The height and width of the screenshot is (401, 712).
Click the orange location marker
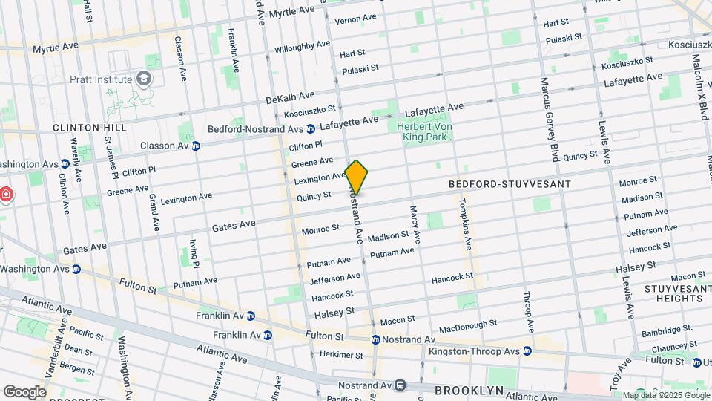357,177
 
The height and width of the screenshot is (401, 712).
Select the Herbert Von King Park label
424,131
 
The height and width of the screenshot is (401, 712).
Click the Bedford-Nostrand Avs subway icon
311,128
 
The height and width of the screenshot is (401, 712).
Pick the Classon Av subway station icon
195,146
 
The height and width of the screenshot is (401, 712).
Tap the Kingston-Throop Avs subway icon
527,351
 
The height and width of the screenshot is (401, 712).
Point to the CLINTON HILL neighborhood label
90,128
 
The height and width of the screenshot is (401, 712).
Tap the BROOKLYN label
469,390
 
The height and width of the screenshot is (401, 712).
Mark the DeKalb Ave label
290,99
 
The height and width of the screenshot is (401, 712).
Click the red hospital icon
7,194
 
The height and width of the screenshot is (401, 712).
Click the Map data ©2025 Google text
665,395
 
